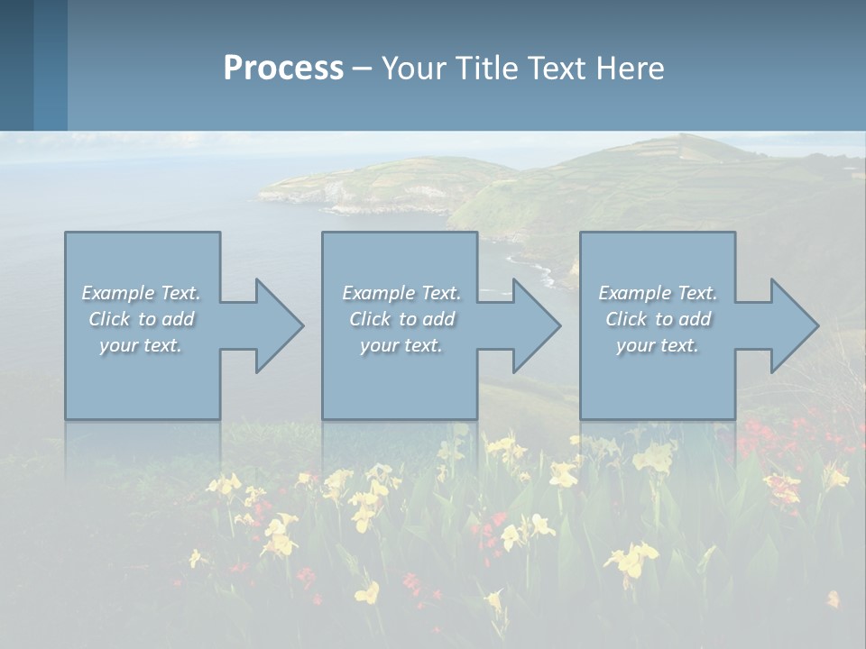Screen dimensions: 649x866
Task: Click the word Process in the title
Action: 283,69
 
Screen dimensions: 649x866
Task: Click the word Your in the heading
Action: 413,69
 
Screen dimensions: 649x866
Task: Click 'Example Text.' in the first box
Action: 141,293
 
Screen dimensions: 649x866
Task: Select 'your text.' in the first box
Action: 141,345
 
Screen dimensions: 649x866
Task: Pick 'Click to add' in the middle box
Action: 401,319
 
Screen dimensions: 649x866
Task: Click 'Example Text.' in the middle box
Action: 401,293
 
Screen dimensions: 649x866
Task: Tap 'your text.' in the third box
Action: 658,345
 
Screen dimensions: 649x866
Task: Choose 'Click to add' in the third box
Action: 658,319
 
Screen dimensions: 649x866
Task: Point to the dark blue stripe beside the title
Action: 16,65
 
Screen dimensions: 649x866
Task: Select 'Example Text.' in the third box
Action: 658,293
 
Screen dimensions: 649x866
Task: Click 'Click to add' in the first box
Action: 141,319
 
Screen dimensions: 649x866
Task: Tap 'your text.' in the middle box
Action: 401,345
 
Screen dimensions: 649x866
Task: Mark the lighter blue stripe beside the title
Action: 51,65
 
